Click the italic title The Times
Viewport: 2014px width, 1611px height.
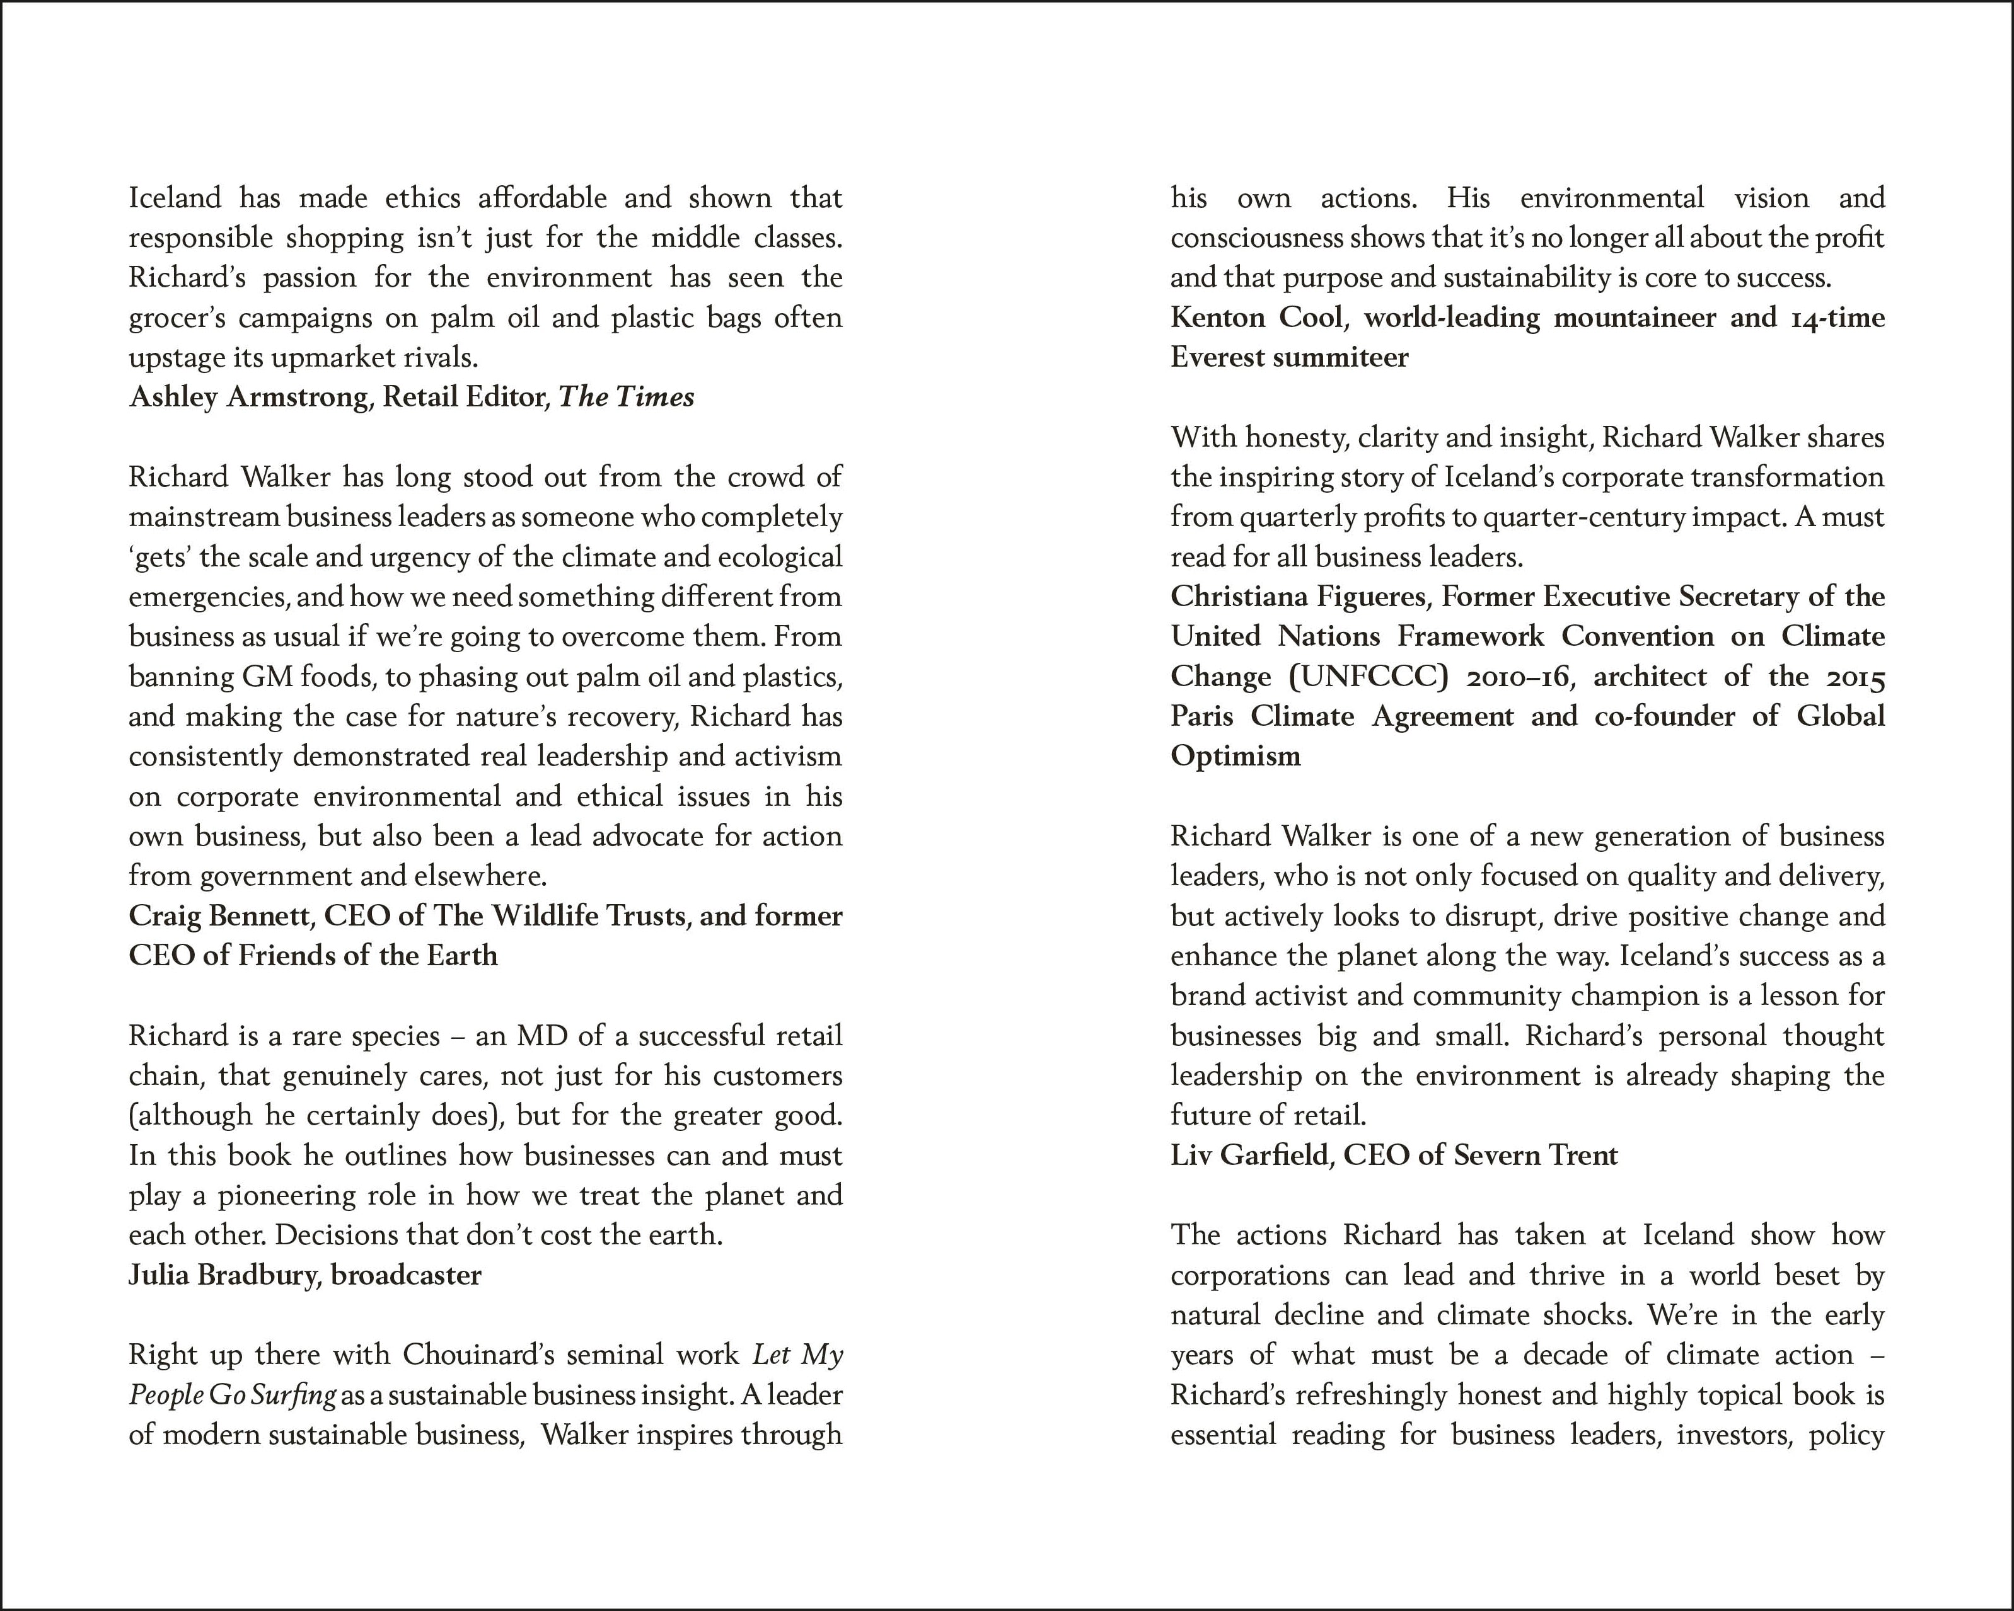click(x=626, y=397)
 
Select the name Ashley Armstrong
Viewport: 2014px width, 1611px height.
click(x=248, y=397)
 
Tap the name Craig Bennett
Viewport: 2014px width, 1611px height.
click(x=219, y=915)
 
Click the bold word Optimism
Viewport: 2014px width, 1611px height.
click(x=1235, y=755)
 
